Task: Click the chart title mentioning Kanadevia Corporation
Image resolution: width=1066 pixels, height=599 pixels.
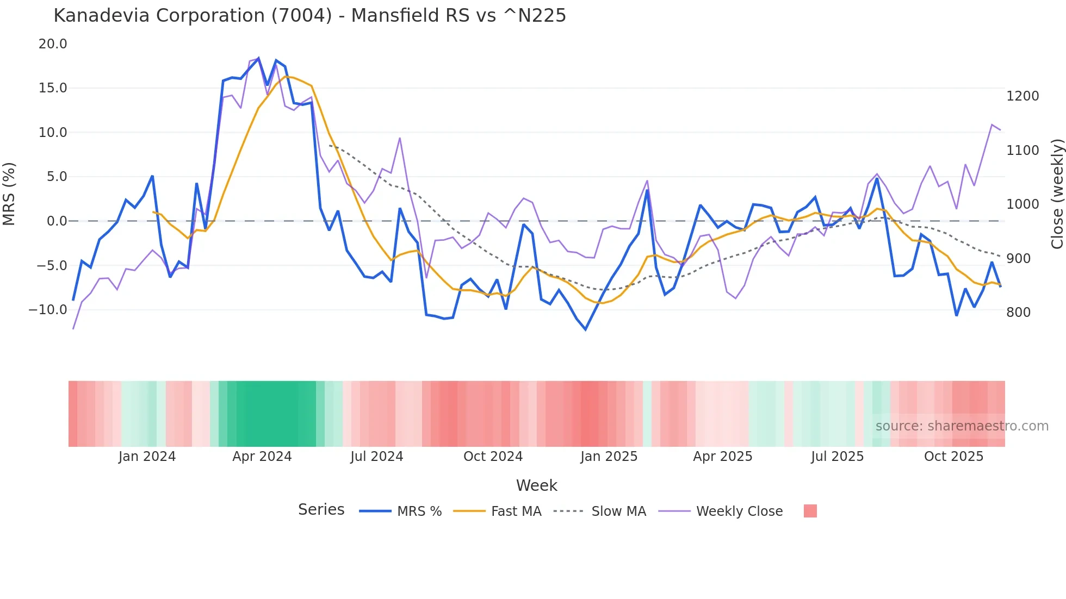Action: point(309,16)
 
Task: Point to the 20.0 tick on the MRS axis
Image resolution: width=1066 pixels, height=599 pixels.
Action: point(53,44)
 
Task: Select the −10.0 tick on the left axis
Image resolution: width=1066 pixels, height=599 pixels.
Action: point(48,310)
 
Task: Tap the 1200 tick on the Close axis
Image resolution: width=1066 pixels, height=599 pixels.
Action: point(1022,96)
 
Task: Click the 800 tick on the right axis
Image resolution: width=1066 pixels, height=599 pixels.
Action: point(1018,313)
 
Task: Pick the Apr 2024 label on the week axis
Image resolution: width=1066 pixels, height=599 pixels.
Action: point(262,457)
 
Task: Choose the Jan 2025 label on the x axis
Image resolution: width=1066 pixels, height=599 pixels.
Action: point(609,457)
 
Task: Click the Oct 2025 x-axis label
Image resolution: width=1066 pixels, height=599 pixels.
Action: point(953,457)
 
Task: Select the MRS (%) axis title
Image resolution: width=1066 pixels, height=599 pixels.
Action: point(9,194)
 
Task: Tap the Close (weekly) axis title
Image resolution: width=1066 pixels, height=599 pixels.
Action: point(1057,194)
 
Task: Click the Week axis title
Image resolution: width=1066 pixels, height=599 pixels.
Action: point(536,485)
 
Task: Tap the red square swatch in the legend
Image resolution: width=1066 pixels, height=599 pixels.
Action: point(810,511)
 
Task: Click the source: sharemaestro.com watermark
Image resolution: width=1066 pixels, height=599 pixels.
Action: point(962,426)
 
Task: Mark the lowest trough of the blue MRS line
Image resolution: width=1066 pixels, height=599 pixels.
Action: point(586,329)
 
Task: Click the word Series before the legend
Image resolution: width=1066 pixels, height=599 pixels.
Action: point(321,510)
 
